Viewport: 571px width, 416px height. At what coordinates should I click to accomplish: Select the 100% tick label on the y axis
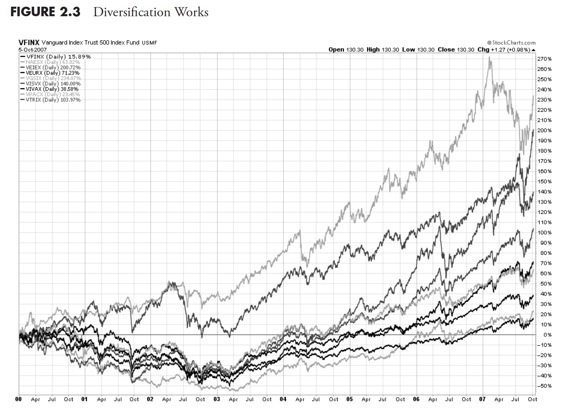click(545, 233)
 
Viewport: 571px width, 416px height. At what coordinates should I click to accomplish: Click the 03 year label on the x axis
click(217, 399)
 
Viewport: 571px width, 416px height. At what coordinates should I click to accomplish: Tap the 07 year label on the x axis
click(482, 399)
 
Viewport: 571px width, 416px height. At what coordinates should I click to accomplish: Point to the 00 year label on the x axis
click(19, 399)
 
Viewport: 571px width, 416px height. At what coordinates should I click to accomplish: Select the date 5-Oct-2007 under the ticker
click(32, 50)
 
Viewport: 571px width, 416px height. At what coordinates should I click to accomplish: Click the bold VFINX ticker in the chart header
click(29, 43)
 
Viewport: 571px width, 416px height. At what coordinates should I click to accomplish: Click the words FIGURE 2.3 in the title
click(45, 12)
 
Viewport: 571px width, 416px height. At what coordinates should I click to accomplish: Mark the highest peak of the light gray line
click(490, 57)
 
